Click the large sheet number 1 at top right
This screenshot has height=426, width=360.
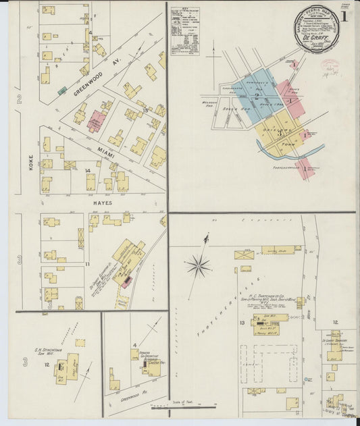point(344,16)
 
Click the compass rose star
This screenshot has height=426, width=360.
point(199,265)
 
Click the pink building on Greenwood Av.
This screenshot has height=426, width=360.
point(97,121)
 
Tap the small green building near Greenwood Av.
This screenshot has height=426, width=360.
point(62,90)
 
